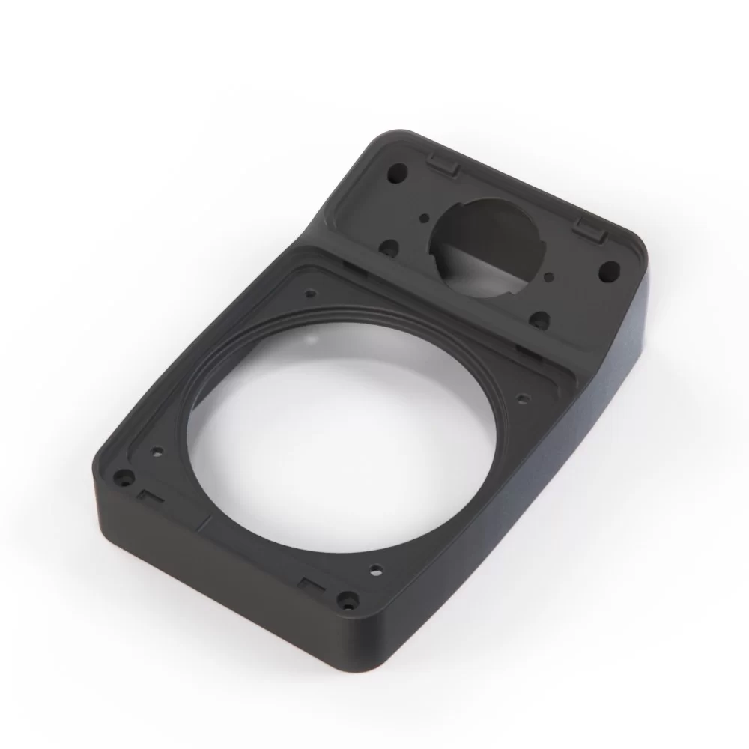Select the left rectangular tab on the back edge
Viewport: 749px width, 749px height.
tap(444, 164)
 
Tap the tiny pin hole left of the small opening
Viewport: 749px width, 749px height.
tap(425, 218)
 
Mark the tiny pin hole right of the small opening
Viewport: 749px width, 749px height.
tap(552, 277)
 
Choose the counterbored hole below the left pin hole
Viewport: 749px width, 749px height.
tap(389, 246)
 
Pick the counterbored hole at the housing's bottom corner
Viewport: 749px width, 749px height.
tap(346, 598)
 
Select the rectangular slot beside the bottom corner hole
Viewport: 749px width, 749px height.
tap(309, 583)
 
